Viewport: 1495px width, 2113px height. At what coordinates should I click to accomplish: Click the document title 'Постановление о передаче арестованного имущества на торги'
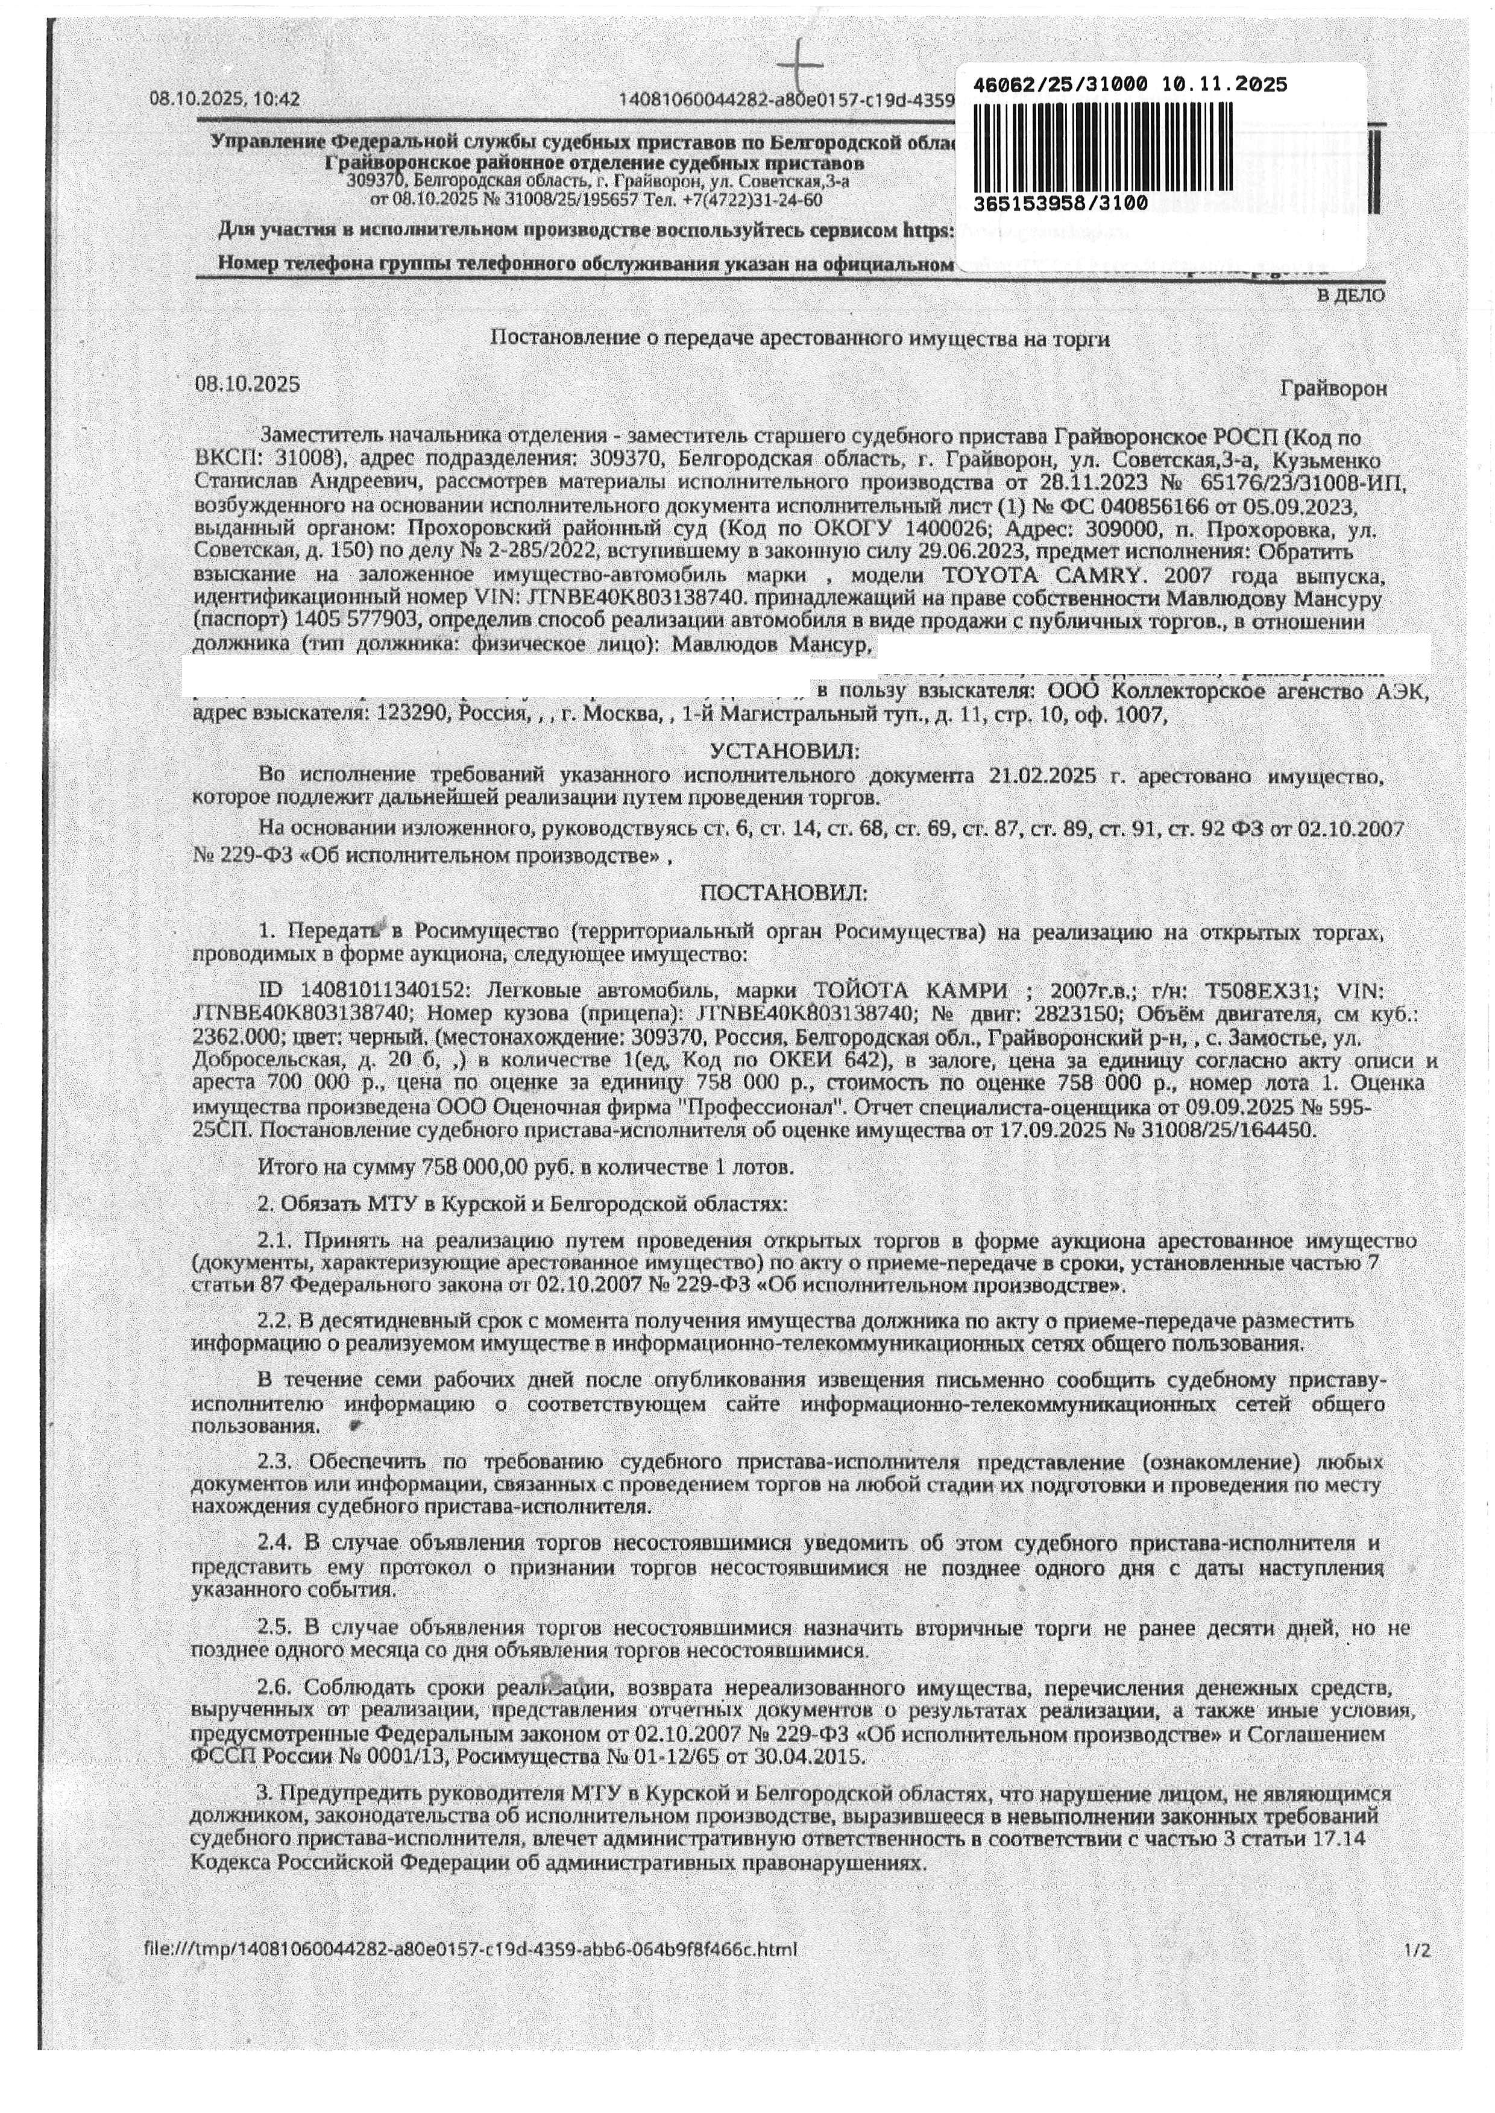pyautogui.click(x=799, y=339)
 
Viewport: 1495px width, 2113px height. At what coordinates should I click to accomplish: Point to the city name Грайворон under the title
pyautogui.click(x=1333, y=388)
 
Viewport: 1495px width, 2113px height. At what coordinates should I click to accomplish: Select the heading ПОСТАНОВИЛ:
pyautogui.click(x=784, y=893)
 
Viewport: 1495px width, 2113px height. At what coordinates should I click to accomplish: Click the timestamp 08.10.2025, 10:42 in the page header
pyautogui.click(x=225, y=98)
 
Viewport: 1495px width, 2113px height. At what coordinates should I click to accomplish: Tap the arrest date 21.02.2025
pyautogui.click(x=1042, y=776)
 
